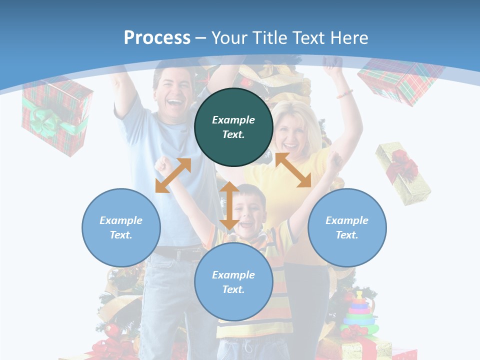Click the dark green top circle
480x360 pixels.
click(233, 127)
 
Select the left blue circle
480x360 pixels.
click(121, 227)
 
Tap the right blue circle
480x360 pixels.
click(347, 227)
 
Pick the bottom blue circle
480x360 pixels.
click(233, 282)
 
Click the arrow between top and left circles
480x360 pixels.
click(173, 175)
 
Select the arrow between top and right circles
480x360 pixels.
click(293, 170)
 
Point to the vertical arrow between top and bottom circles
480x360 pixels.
click(229, 205)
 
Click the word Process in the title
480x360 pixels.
click(157, 37)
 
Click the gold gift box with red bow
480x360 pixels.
click(403, 172)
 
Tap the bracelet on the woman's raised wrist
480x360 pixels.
click(344, 93)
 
